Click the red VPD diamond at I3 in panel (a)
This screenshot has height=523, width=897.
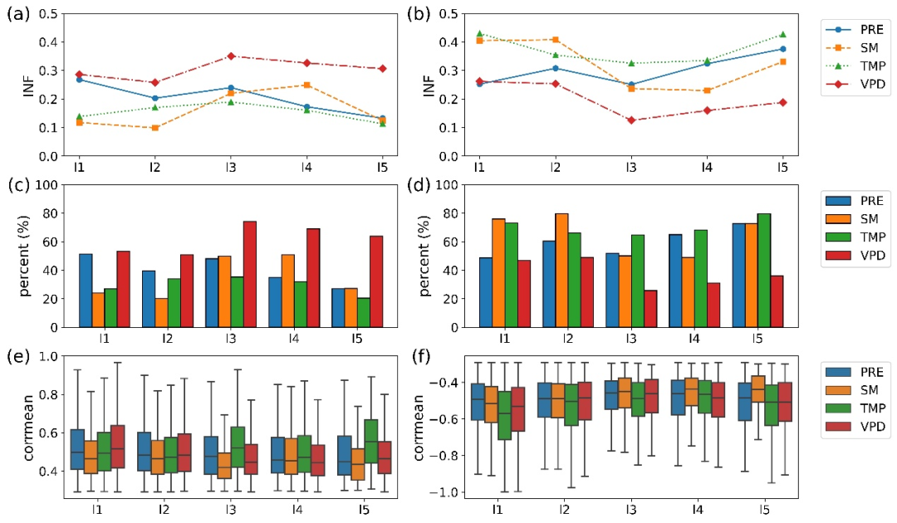coord(231,56)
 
